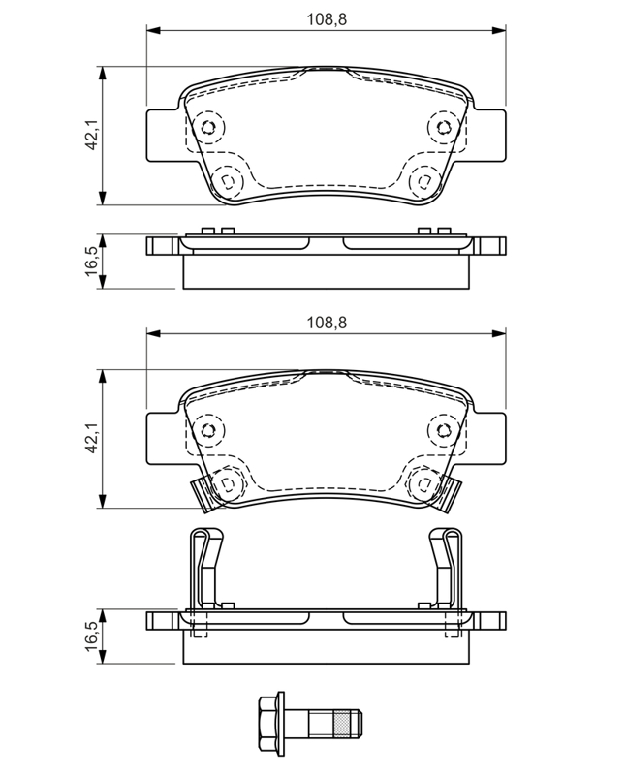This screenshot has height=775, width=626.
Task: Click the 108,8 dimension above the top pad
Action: tap(327, 19)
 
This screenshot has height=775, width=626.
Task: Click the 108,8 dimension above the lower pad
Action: tap(327, 323)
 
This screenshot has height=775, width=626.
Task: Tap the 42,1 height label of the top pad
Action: tap(91, 136)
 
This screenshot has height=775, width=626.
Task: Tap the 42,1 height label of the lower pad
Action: tap(91, 439)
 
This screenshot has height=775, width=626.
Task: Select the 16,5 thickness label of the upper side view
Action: tap(91, 262)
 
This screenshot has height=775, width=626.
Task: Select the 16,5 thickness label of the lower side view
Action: tap(91, 636)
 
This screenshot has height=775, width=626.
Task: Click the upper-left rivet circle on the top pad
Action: tap(208, 128)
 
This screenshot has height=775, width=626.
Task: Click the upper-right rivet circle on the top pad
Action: tap(443, 128)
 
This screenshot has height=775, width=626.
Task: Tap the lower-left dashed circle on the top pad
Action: tap(227, 181)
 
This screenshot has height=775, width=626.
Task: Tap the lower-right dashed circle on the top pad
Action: tap(424, 181)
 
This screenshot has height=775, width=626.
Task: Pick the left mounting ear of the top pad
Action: tap(162, 135)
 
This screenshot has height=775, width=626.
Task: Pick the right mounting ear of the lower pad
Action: tap(490, 438)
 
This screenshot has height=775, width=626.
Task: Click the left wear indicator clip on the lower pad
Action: tap(203, 494)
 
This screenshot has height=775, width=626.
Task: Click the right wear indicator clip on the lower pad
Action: tap(448, 494)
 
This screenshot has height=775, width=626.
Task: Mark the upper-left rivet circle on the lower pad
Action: tap(208, 430)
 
